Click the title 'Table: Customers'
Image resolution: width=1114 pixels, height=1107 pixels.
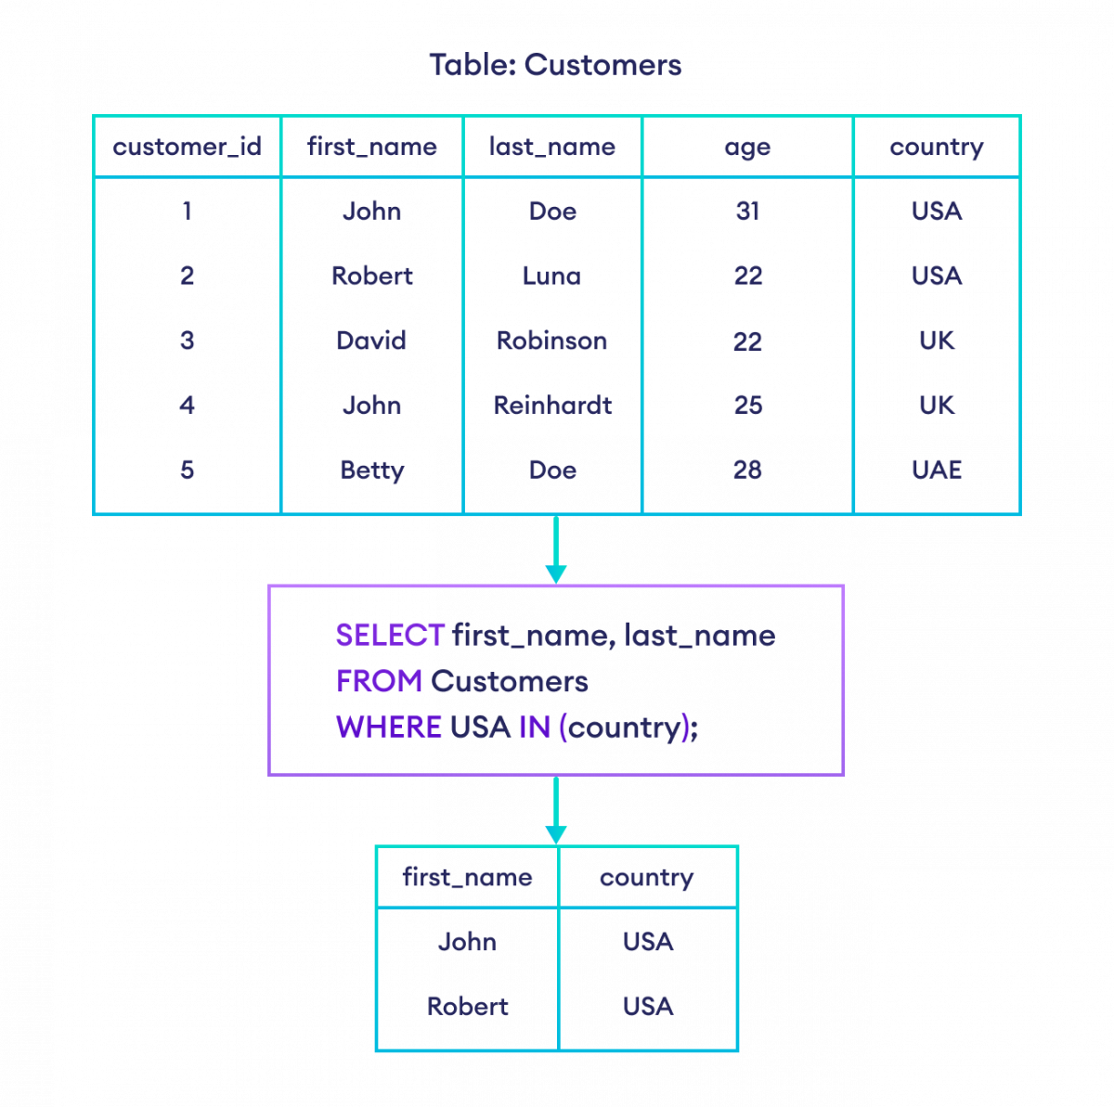555,65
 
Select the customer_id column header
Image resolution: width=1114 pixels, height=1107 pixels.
187,147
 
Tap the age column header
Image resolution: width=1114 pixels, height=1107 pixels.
747,148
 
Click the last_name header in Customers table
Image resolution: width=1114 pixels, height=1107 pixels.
552,147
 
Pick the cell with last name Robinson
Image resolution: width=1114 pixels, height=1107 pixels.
552,341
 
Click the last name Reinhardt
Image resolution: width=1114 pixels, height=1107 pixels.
552,405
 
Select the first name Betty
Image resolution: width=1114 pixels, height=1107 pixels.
371,470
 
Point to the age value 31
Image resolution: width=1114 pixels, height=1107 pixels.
747,212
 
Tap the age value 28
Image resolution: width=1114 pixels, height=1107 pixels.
747,470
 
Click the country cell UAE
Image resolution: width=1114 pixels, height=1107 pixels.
937,470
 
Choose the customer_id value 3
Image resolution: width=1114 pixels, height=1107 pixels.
187,341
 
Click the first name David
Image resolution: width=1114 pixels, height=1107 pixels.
371,341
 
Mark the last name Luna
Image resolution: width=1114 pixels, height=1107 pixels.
552,276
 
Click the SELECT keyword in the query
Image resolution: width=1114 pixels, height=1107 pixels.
390,636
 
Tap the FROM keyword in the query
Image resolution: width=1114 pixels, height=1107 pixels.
379,681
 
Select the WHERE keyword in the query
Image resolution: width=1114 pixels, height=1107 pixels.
388,727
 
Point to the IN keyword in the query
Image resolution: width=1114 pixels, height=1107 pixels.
534,727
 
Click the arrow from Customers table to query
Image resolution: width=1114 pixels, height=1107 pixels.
556,551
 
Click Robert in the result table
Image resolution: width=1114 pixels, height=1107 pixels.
467,1006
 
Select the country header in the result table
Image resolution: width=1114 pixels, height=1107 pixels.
647,878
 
